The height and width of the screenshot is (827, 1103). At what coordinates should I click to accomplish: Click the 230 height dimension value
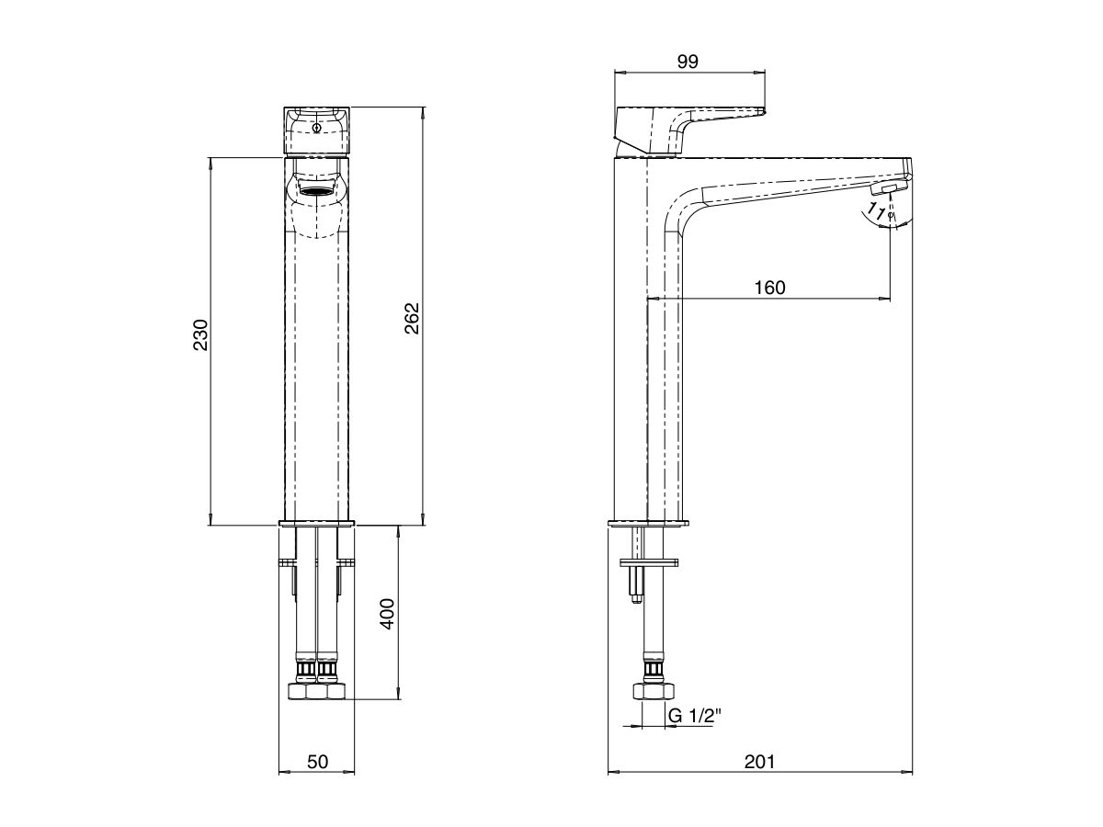[x=201, y=335]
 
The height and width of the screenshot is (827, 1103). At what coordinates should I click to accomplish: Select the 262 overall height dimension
[x=412, y=318]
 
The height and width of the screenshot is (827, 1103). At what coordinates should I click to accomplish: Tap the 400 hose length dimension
[x=387, y=613]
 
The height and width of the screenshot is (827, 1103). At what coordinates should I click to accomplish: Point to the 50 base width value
[x=316, y=761]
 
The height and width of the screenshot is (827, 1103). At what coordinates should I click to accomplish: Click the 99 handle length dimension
[x=688, y=62]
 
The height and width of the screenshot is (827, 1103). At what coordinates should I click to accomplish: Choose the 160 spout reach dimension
[x=769, y=288]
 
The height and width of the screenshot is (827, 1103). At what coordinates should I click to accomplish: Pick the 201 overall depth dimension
[x=759, y=761]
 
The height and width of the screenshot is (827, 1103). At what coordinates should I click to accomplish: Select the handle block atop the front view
[x=317, y=131]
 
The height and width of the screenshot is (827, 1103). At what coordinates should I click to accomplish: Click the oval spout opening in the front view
[x=317, y=189]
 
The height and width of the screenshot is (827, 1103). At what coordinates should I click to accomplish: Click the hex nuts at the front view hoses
[x=317, y=691]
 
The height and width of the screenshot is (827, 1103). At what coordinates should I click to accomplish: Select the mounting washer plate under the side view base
[x=649, y=561]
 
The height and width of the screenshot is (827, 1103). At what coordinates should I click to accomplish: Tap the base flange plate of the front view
[x=317, y=524]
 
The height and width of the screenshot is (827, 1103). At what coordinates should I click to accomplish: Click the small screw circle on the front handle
[x=317, y=129]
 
